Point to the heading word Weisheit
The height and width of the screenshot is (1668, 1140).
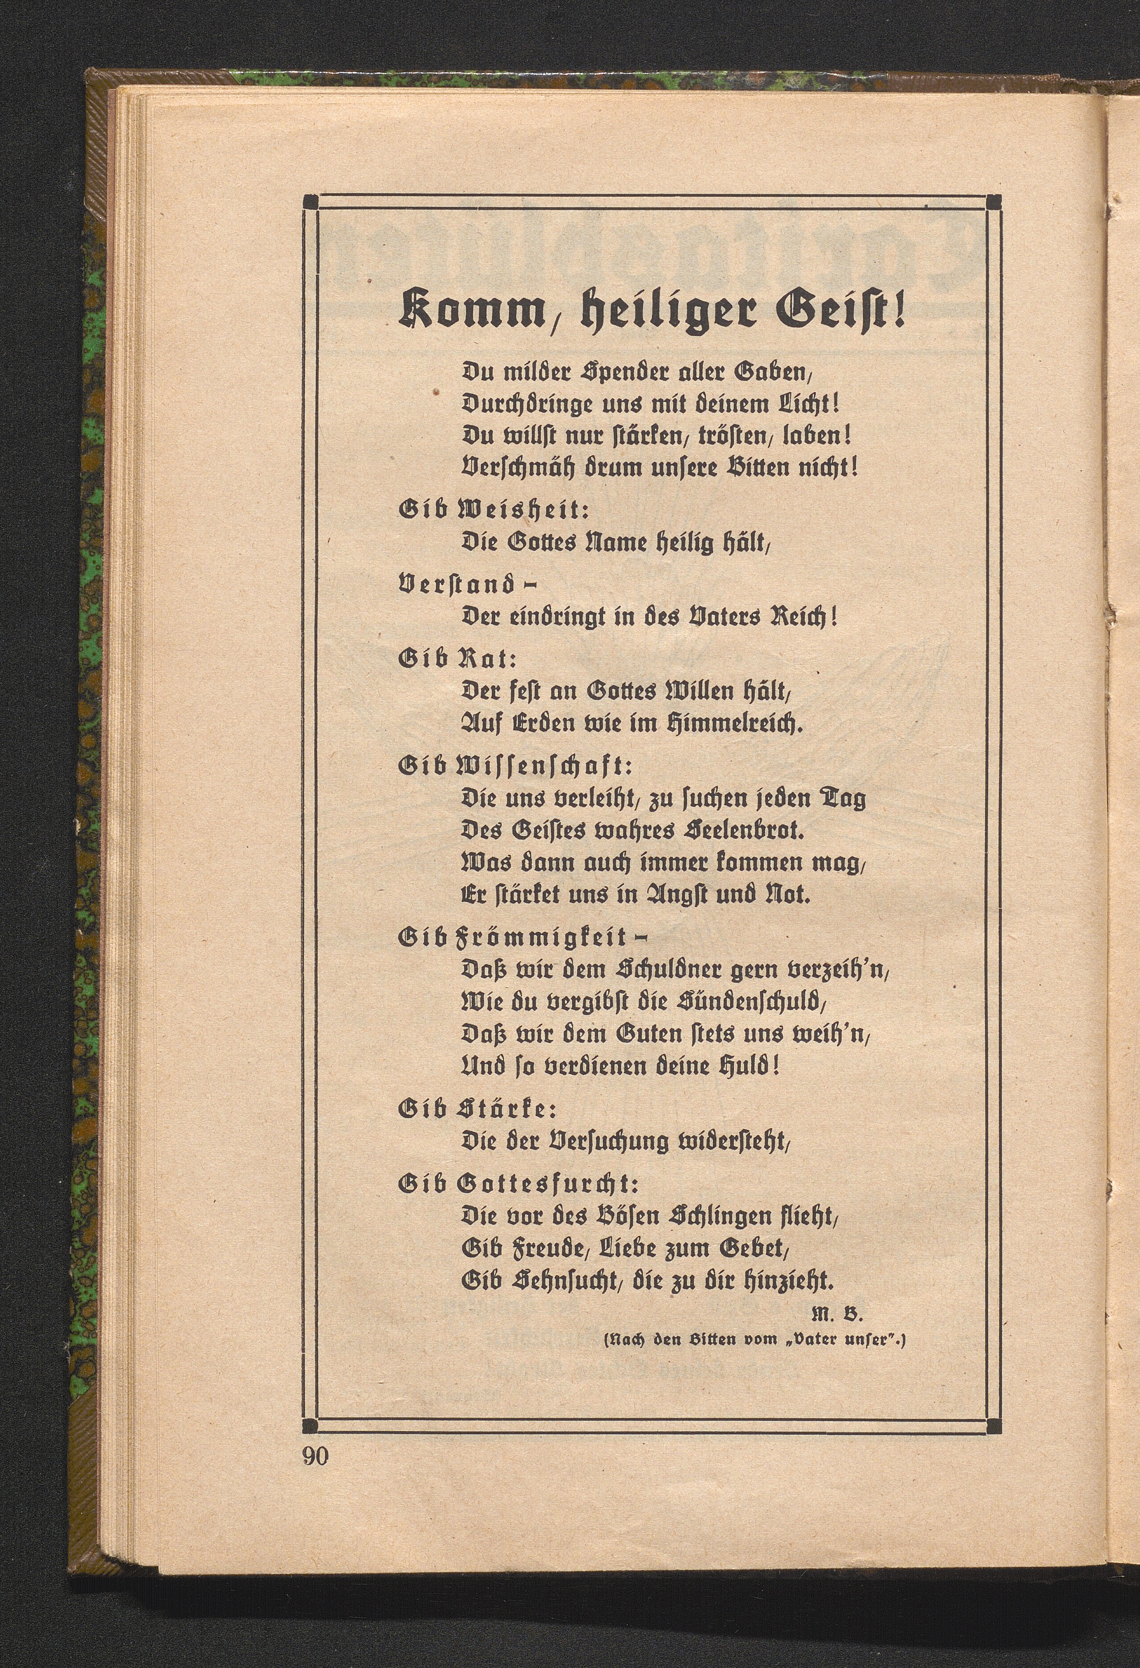tap(524, 511)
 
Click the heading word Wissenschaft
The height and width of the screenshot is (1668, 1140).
tap(545, 766)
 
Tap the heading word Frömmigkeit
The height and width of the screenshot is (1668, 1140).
tap(542, 937)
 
